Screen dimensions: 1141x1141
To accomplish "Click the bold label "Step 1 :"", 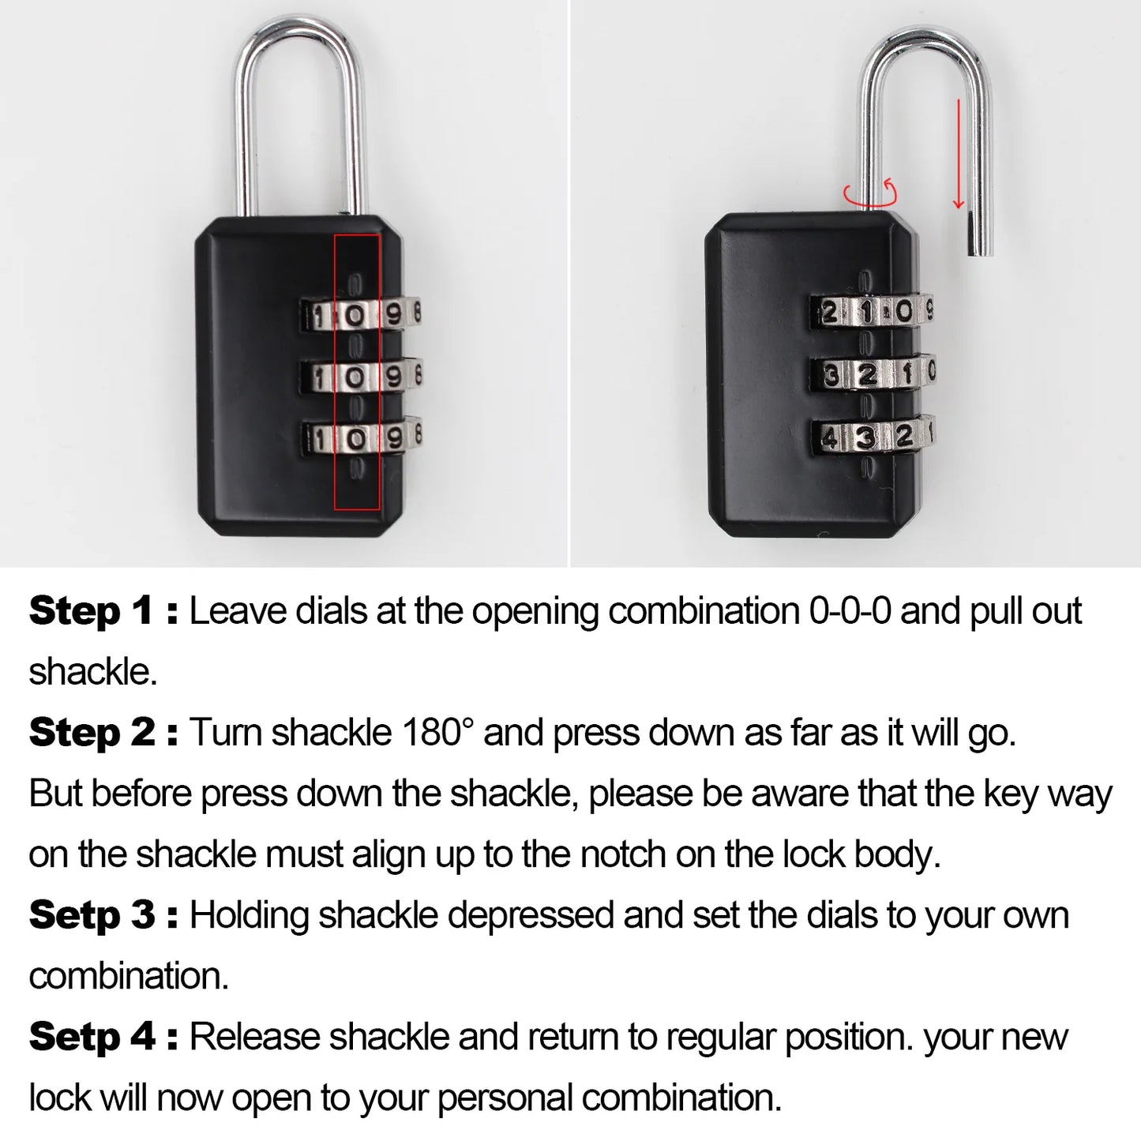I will click(103, 612).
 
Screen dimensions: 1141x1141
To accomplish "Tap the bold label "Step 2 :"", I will click(103, 734).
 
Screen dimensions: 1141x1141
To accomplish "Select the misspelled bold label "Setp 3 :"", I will click(103, 916).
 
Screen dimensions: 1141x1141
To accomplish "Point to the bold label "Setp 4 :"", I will click(103, 1038).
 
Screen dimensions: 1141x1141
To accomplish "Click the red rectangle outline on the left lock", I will click(357, 371).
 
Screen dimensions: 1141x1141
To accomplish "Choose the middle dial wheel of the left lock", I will click(360, 376).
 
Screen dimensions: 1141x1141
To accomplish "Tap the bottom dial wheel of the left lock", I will click(360, 436).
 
